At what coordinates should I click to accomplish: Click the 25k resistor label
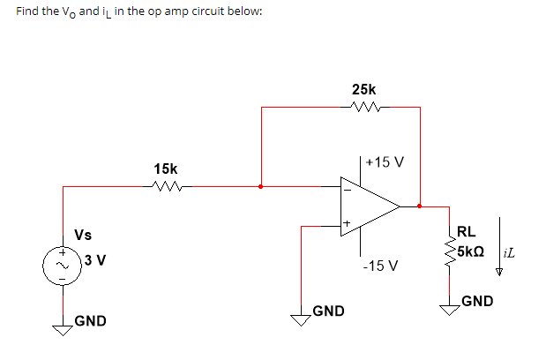[363, 90]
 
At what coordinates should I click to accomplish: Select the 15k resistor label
[165, 168]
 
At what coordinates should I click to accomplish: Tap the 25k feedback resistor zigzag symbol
[363, 109]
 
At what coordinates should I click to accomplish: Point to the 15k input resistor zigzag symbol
[166, 186]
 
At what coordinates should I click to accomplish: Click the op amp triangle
[369, 206]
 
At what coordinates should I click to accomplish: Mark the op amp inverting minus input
[347, 188]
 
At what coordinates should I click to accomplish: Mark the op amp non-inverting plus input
[347, 225]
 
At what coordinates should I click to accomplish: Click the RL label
[467, 233]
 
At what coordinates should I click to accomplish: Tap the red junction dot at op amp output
[419, 206]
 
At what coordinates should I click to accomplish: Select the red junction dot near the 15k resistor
[259, 187]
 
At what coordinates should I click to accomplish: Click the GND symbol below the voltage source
[63, 329]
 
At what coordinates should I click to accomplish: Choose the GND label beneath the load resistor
[476, 301]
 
